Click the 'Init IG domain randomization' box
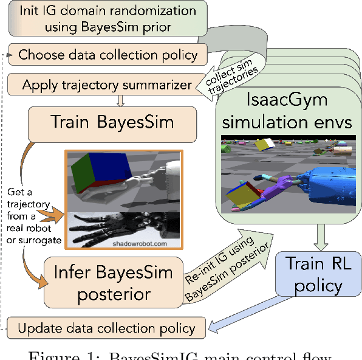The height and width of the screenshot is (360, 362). [91, 19]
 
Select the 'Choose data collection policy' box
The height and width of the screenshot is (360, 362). [108, 55]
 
